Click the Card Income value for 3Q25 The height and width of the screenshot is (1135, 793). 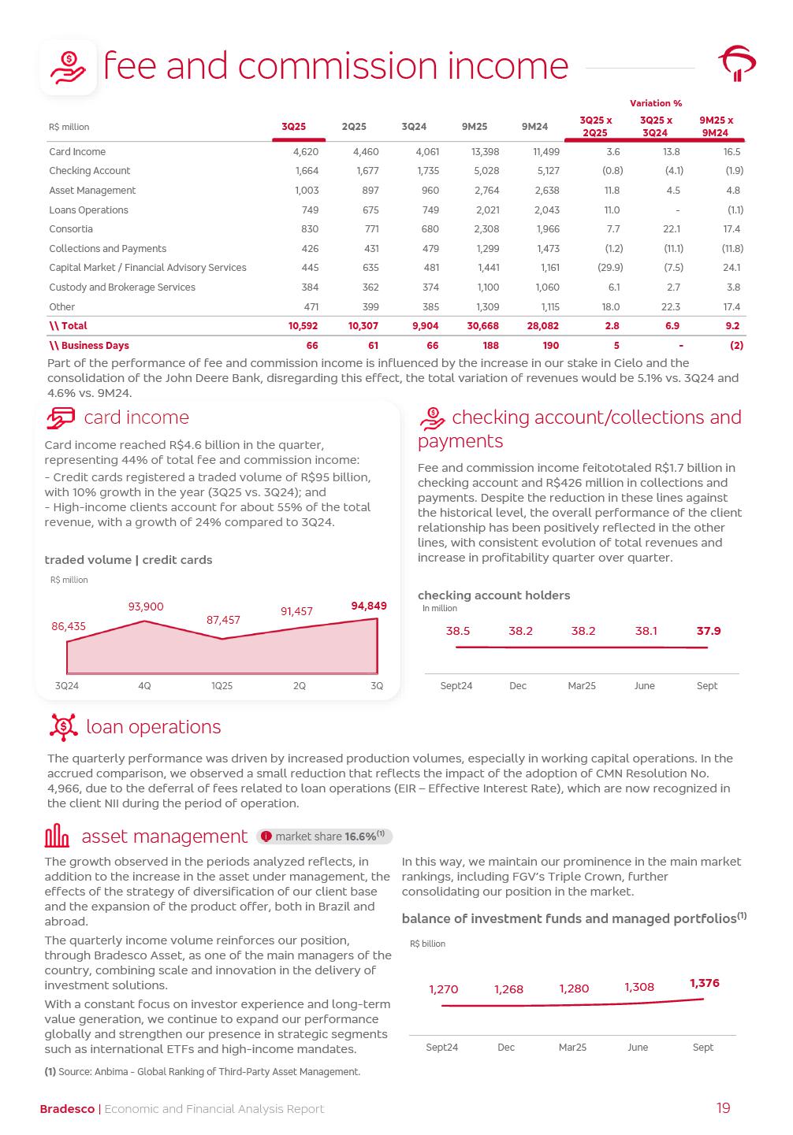306,152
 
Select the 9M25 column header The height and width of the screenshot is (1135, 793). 475,127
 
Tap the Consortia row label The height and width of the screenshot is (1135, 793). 71,229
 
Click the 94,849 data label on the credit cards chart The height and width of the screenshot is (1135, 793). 369,606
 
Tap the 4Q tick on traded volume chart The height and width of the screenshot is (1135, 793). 144,686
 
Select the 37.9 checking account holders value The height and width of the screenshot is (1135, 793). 709,631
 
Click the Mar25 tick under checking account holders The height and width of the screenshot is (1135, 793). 582,686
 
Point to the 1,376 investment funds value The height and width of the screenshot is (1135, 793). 705,983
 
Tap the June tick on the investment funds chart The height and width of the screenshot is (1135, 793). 638,1048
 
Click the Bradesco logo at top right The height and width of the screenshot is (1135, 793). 737,64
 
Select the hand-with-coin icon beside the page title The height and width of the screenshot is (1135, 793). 69,68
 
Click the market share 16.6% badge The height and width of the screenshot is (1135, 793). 325,836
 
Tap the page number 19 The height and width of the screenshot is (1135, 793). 724,1108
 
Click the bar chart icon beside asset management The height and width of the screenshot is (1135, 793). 58,836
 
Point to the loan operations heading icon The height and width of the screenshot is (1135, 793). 63,727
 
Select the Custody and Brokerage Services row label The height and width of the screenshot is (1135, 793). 122,287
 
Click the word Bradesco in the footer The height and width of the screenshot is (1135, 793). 67,1109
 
